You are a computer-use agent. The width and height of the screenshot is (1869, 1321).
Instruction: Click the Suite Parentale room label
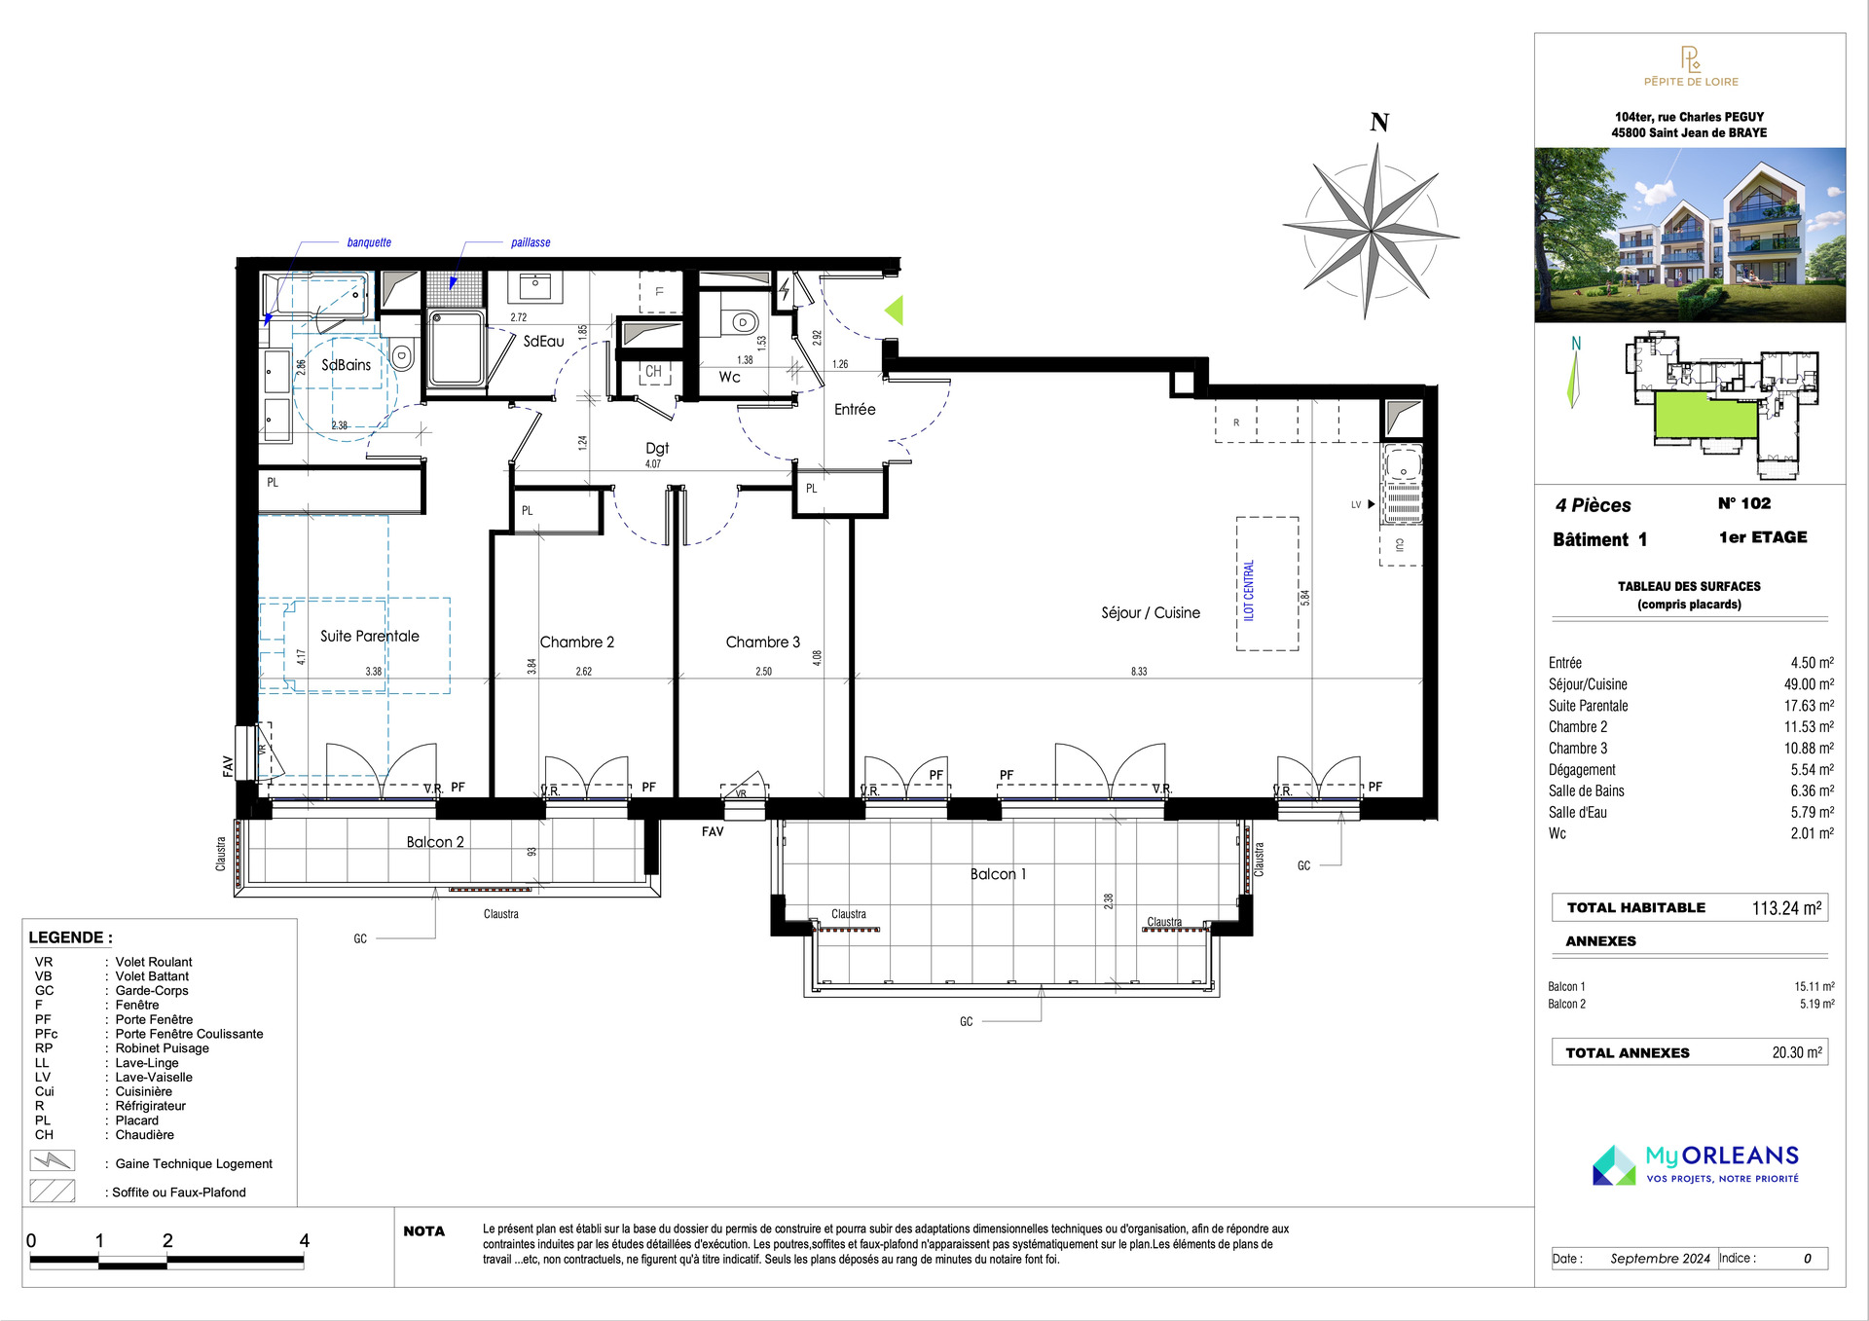tap(370, 636)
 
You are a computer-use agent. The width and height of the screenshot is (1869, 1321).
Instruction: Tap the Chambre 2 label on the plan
tap(577, 642)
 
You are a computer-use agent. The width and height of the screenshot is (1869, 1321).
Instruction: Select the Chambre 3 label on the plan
tap(763, 642)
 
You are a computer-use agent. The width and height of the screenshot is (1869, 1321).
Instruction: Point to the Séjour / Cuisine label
tap(1151, 612)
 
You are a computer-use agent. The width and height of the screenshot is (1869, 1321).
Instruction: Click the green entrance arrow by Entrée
tap(894, 311)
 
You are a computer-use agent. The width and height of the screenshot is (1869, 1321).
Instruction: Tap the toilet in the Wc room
tap(744, 322)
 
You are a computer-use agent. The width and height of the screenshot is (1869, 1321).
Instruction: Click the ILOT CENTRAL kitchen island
tap(1267, 583)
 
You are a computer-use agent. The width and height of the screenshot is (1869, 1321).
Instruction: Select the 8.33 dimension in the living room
tap(1139, 672)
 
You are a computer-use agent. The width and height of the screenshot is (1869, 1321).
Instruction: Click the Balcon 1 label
tap(998, 874)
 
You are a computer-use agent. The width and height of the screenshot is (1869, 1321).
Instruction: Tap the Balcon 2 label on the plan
tap(435, 842)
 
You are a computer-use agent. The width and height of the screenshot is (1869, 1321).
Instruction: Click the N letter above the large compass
tap(1379, 123)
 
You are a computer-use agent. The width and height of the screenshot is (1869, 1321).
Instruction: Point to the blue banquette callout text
tap(369, 242)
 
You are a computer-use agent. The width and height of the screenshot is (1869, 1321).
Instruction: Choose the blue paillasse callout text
tap(531, 242)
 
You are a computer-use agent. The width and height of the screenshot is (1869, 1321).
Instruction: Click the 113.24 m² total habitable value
tap(1787, 908)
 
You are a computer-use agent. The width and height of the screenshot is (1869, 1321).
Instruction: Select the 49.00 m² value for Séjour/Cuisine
tap(1809, 684)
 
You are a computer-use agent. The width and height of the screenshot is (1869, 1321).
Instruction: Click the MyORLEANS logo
tap(1696, 1164)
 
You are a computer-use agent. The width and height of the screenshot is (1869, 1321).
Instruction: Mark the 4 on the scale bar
tap(305, 1240)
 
